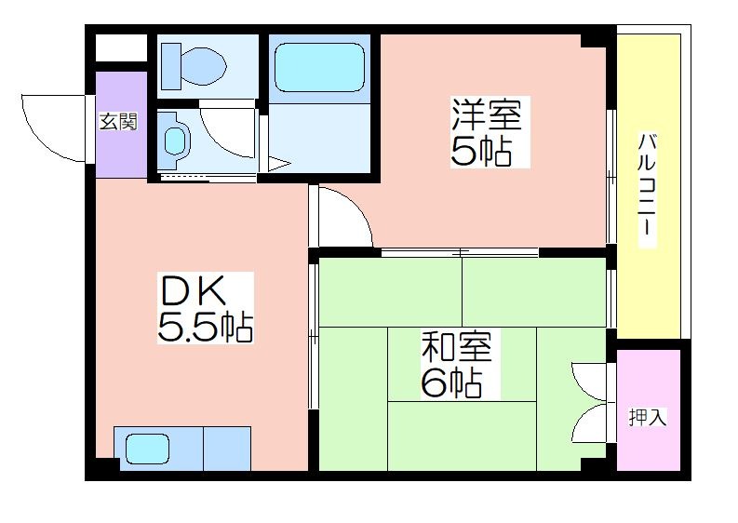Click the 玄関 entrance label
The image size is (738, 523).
[118, 123]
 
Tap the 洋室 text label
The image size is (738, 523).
[487, 114]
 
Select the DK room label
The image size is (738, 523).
[193, 291]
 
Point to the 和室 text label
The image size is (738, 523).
[456, 347]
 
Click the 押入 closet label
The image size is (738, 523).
[648, 417]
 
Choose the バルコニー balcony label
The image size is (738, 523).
[647, 190]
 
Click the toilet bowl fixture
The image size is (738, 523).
[193, 66]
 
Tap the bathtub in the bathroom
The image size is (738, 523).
[319, 68]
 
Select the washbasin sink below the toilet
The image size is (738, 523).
[174, 140]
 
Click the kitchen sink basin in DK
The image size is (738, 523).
[147, 449]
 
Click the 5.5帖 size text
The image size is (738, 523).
[206, 327]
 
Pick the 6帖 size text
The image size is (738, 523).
[451, 383]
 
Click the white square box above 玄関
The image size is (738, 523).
[121, 48]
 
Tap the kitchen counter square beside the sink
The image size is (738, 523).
[227, 449]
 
